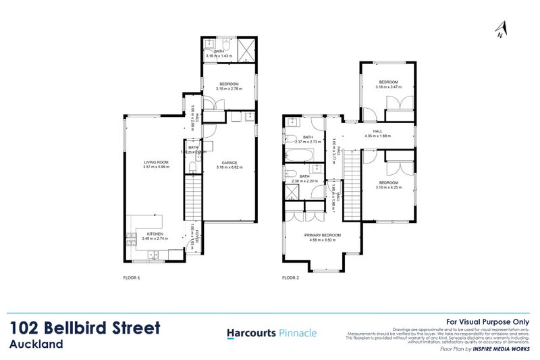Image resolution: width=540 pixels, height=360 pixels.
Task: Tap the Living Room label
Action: pos(155,162)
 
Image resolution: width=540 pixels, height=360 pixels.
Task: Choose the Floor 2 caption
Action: pos(290,277)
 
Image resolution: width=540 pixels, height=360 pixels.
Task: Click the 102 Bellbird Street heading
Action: pos(86,329)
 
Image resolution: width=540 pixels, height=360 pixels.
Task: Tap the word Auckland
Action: pos(36,344)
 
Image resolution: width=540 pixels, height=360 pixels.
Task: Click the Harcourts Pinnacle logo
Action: pos(270,333)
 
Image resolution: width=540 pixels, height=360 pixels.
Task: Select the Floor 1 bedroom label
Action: pos(229,84)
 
